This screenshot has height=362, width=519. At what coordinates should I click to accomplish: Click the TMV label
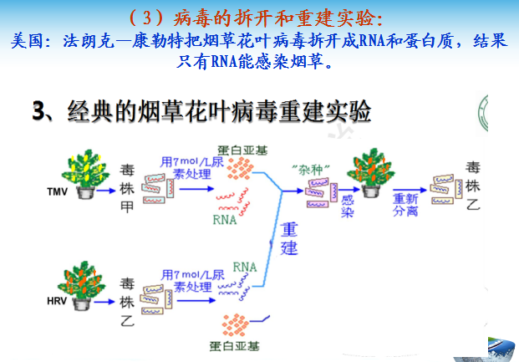[57, 191]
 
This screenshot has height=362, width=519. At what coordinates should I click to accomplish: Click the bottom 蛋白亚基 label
[238, 348]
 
